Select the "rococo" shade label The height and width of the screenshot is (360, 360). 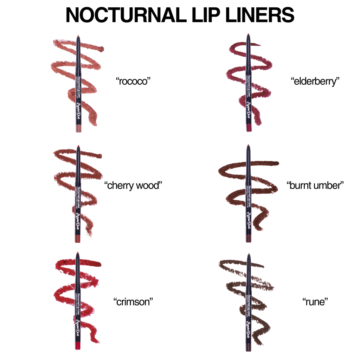tap(133, 80)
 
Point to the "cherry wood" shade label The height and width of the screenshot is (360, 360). tap(133, 185)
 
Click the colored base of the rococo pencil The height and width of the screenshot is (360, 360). tap(78, 128)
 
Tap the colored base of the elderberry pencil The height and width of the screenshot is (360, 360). tap(249, 128)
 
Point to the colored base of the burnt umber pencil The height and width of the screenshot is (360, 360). tap(249, 239)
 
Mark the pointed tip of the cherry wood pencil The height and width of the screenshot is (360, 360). tap(78, 146)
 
